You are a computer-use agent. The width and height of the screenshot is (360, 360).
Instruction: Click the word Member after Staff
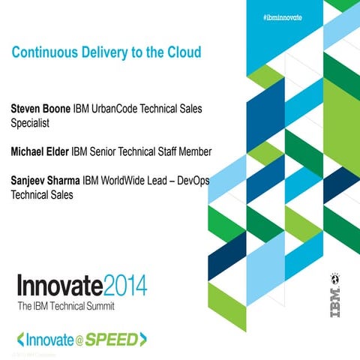coord(193,152)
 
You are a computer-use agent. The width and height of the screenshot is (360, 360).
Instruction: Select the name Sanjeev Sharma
coord(44,181)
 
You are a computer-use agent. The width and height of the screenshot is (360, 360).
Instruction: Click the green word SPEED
coord(112,339)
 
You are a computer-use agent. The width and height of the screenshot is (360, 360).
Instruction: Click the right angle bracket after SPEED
coord(142,340)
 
